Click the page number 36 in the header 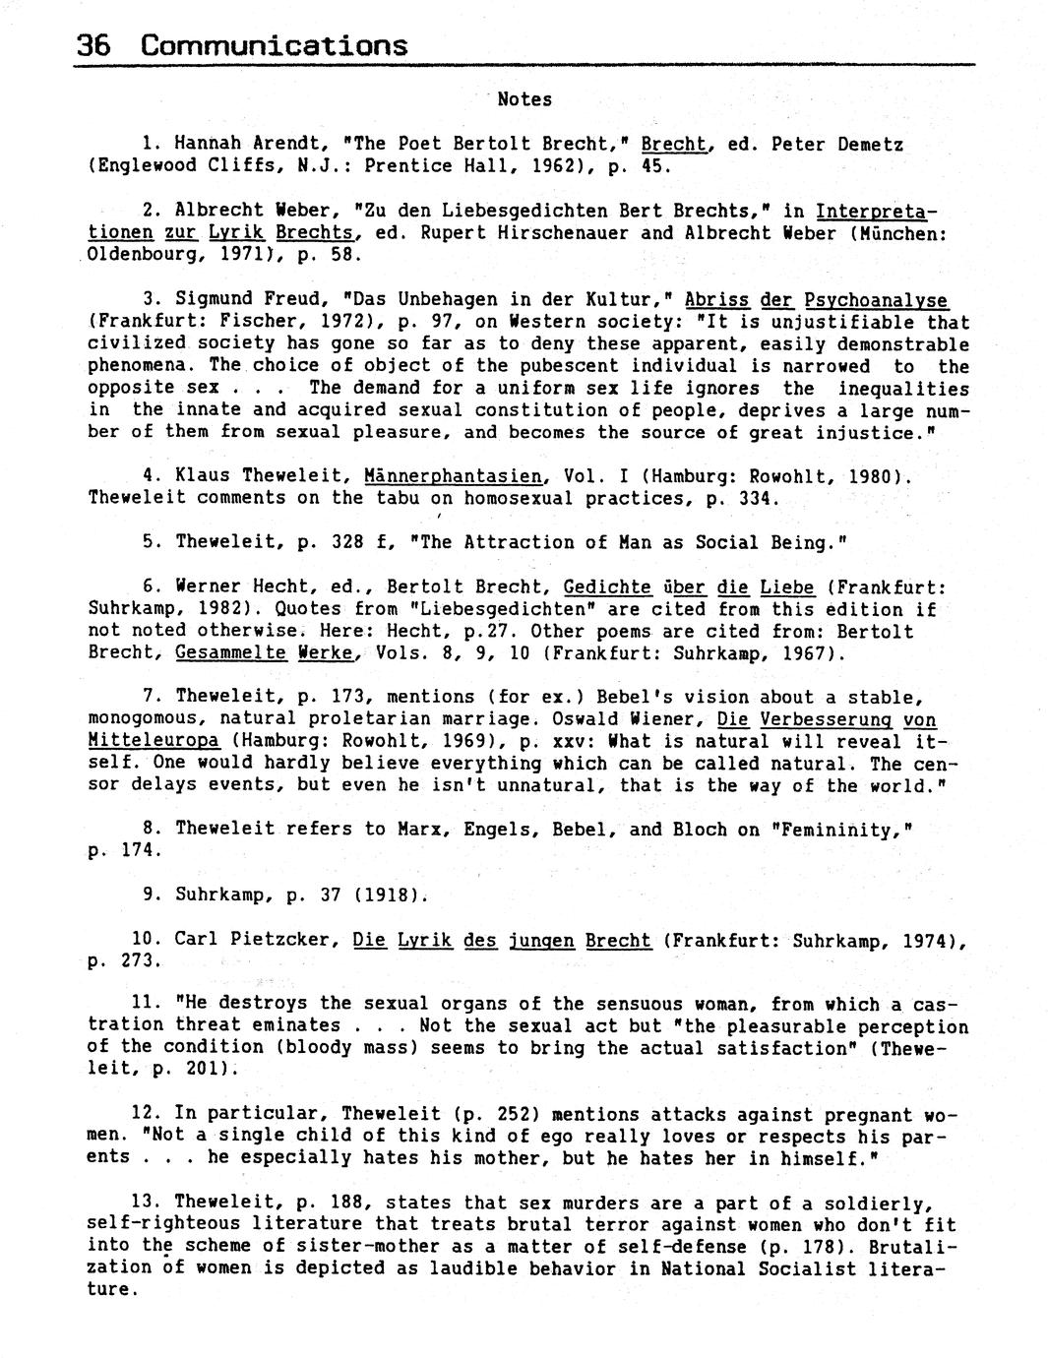[x=93, y=45]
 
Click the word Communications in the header [x=274, y=45]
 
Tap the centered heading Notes [x=524, y=99]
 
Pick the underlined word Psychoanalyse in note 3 [x=876, y=299]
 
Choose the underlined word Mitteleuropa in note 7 [x=154, y=741]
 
